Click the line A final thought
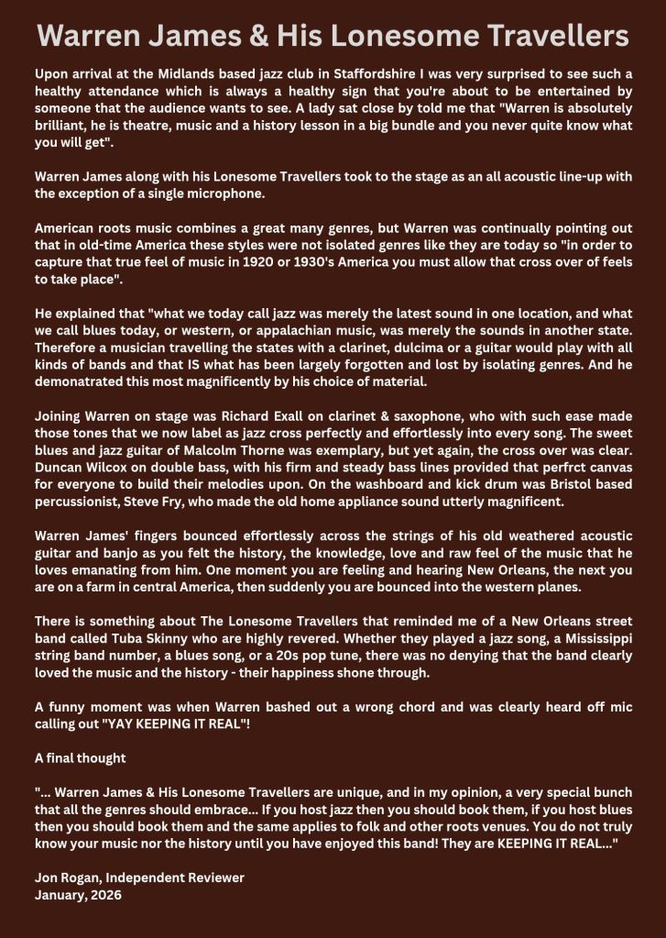[81, 757]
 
